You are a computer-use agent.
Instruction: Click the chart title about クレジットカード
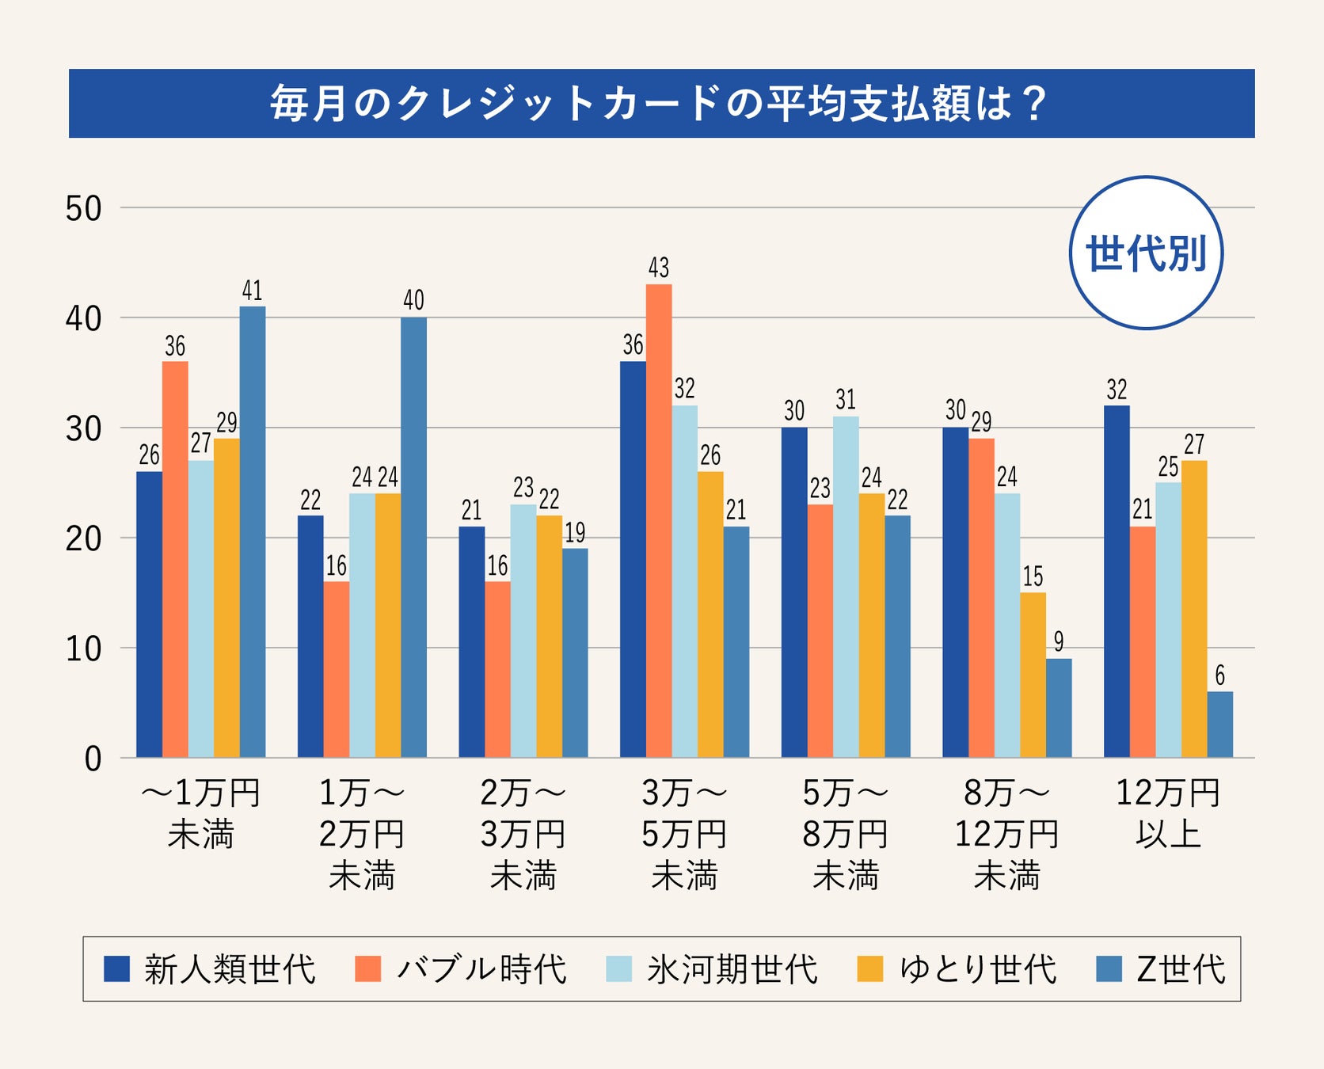point(660,104)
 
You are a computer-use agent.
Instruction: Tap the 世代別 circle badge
point(1146,253)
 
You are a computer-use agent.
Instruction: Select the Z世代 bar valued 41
point(253,531)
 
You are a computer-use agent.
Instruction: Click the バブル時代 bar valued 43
point(659,520)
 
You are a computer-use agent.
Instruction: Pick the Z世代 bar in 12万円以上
point(1219,725)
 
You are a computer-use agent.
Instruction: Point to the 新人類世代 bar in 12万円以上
point(1117,581)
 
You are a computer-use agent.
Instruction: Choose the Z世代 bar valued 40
point(413,537)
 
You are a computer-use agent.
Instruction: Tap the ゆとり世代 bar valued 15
point(1033,675)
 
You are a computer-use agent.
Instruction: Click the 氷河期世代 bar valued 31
point(846,587)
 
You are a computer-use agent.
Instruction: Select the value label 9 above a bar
point(1059,641)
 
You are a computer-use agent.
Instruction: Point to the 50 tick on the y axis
point(84,209)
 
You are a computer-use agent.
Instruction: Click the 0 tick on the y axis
point(93,759)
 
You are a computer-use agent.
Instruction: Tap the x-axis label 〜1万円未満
point(200,813)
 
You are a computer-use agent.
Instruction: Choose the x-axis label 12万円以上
point(1168,813)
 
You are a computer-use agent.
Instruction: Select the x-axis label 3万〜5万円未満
point(684,834)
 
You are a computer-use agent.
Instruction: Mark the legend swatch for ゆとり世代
point(870,969)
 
